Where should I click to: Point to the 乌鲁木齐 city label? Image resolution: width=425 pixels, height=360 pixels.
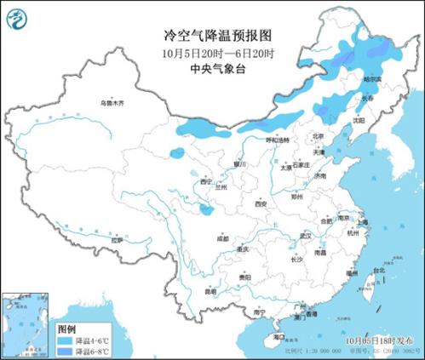(x=110, y=102)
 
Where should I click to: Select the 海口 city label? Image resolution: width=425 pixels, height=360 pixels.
(x=278, y=337)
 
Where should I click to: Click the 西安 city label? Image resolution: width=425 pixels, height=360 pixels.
(x=261, y=205)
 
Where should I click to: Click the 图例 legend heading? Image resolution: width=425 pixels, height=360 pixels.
(x=66, y=327)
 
